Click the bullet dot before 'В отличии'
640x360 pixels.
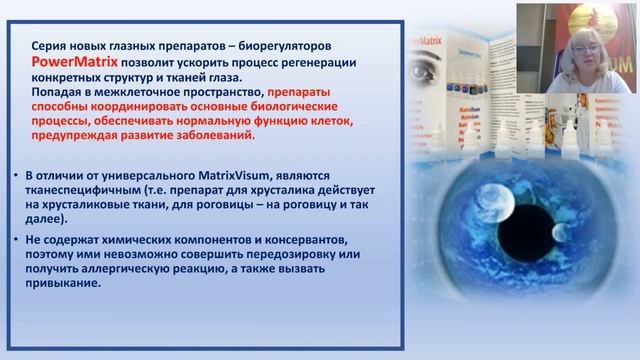click(16, 176)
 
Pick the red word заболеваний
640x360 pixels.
click(211, 134)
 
